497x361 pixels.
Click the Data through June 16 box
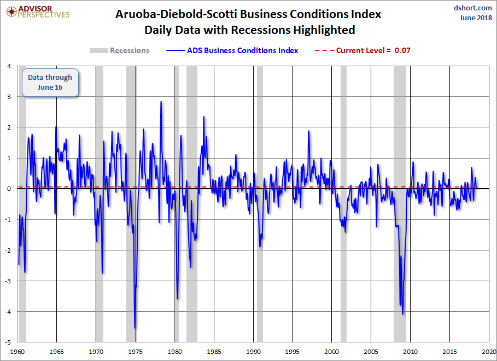[50, 82]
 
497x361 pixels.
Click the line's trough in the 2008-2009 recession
[403, 314]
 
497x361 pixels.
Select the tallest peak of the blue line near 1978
[161, 102]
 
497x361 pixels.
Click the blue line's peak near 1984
[204, 117]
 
